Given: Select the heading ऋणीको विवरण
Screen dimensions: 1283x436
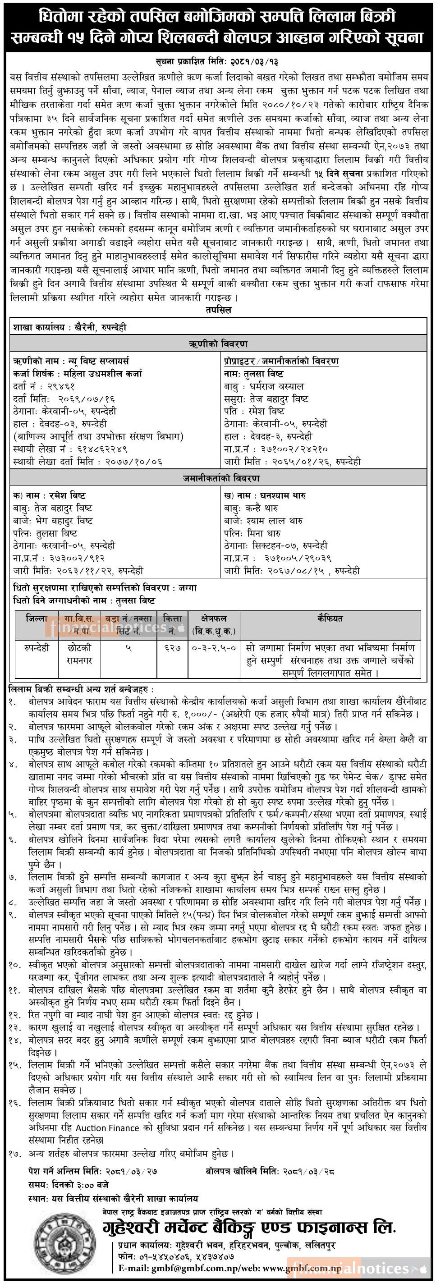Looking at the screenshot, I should tap(218, 344).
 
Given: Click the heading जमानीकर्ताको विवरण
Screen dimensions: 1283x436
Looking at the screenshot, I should tap(218, 479).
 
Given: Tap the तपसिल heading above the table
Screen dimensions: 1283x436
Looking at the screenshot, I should tap(218, 310).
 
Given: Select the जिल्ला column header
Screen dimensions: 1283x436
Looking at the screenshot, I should tap(37, 619).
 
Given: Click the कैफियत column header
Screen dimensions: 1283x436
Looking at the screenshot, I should tap(330, 619).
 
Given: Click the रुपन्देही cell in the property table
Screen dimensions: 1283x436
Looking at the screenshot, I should tap(37, 648).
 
